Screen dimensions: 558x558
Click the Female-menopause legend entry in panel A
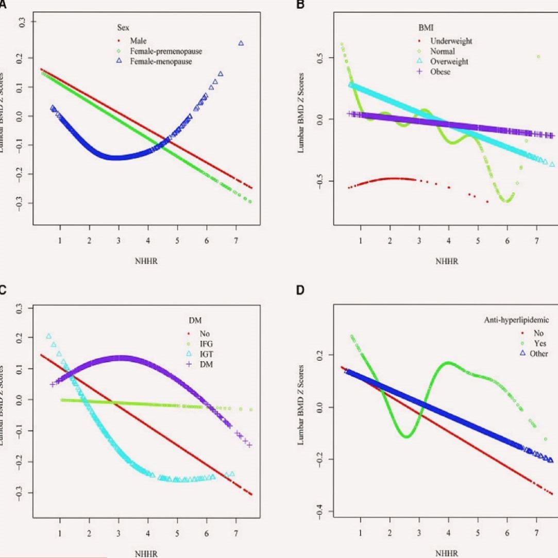coord(160,61)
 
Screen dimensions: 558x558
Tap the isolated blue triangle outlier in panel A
coord(241,43)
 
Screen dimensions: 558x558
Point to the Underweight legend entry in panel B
coord(451,41)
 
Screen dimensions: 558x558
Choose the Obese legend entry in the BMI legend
coord(441,72)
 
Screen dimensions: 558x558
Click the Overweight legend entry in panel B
coord(449,61)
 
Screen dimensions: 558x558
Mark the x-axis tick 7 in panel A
coord(236,240)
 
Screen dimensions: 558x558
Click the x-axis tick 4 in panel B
coord(449,241)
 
